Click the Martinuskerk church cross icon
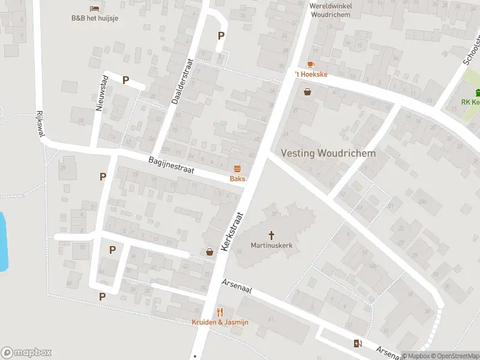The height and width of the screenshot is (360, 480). click(x=271, y=235)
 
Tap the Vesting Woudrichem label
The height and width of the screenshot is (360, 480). click(x=329, y=153)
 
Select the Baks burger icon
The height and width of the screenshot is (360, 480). click(x=237, y=169)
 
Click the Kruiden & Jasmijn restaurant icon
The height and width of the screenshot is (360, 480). click(x=220, y=312)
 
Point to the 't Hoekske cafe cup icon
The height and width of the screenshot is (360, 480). click(x=310, y=64)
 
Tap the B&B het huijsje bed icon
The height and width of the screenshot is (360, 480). click(x=94, y=8)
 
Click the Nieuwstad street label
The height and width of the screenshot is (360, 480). click(x=101, y=93)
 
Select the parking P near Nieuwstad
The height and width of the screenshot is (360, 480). click(x=125, y=80)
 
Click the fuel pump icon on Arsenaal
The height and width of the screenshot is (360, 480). click(x=358, y=343)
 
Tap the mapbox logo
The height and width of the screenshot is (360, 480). click(x=26, y=353)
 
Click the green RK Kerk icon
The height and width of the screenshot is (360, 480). click(x=478, y=92)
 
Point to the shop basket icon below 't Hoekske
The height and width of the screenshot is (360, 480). click(x=308, y=92)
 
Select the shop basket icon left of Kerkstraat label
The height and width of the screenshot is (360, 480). click(x=209, y=252)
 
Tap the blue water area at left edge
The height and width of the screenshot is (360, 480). click(x=3, y=240)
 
